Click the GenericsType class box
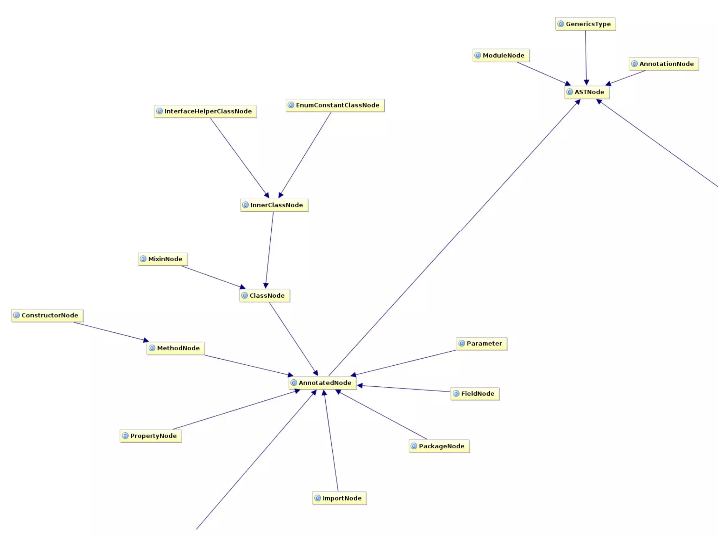coord(585,24)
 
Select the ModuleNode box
coord(501,55)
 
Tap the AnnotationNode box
coord(664,64)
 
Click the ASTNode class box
coord(587,92)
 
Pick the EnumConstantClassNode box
coord(335,105)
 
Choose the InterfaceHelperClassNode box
coord(205,111)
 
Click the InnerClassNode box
coord(274,205)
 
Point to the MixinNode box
coord(163,259)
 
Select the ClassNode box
coord(265,296)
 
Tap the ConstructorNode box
coord(47,315)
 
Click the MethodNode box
coord(176,348)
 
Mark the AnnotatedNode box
coord(323,383)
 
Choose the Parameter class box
coord(482,344)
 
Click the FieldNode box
coord(475,394)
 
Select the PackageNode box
coord(439,446)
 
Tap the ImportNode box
coord(339,498)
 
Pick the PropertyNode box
coord(151,436)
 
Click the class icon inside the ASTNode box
coord(570,92)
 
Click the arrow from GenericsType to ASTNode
coord(586,56)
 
